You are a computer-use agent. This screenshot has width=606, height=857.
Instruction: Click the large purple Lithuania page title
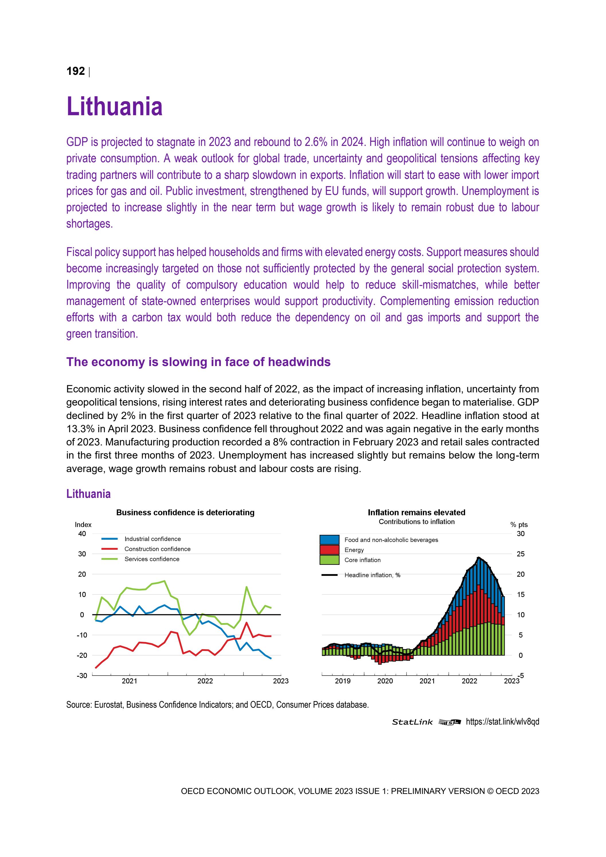pos(114,107)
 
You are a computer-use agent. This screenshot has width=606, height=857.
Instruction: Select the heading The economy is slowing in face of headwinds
pos(198,362)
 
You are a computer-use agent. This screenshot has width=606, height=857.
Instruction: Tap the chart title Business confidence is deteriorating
pos(185,512)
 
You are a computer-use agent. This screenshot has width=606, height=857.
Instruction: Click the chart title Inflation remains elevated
pos(416,512)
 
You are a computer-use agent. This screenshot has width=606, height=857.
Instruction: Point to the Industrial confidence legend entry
pos(152,539)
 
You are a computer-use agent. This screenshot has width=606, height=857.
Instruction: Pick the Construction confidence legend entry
pos(157,549)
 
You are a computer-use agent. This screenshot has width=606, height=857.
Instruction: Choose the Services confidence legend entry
pos(152,559)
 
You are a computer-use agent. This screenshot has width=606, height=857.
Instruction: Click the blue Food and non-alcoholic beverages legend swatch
pos(330,540)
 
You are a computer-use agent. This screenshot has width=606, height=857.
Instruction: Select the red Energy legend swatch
pos(330,550)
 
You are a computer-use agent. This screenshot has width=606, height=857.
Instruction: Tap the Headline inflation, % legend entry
pos(372,575)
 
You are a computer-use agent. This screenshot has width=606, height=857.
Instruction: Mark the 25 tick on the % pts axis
pos(521,554)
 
